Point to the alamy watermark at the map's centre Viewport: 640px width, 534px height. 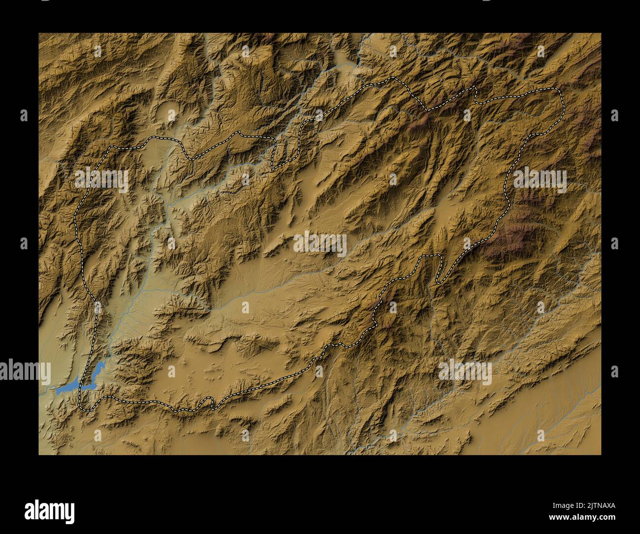pos(320,244)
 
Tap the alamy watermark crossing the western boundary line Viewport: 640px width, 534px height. pos(101,180)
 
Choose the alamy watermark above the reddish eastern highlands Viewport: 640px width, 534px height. pos(540,179)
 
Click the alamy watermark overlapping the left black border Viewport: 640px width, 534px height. pos(25,371)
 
